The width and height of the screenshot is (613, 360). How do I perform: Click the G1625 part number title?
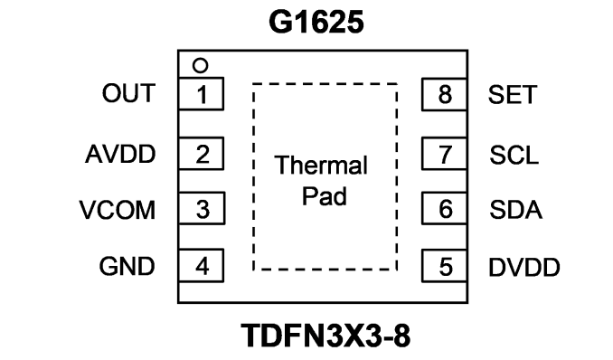(x=316, y=22)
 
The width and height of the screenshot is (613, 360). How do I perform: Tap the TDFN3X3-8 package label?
(x=325, y=336)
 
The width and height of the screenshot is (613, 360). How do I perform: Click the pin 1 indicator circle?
(x=200, y=66)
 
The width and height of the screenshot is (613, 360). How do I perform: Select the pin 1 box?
(x=201, y=94)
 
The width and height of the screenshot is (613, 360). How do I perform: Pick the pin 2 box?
(x=201, y=154)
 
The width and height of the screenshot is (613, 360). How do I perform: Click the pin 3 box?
(x=202, y=208)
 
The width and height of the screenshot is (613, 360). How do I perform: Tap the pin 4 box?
(x=201, y=265)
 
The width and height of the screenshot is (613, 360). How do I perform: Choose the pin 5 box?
(x=445, y=266)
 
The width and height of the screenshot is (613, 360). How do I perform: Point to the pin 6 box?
(x=445, y=208)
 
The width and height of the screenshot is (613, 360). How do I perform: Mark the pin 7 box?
(x=445, y=154)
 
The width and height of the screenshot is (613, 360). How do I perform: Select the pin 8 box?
(x=445, y=94)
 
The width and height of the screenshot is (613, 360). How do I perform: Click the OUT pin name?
(x=128, y=93)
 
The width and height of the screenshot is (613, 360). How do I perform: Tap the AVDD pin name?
(x=120, y=154)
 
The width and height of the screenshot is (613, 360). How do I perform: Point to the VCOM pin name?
(x=118, y=210)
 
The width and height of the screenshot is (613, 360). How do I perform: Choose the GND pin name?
(x=127, y=267)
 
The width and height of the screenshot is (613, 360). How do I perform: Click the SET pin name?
(x=513, y=95)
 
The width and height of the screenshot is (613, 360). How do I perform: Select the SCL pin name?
(x=514, y=155)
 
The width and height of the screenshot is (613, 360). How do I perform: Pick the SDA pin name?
(x=515, y=210)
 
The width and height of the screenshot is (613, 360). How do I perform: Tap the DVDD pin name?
(x=524, y=268)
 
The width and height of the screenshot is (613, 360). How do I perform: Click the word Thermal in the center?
(x=321, y=166)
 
